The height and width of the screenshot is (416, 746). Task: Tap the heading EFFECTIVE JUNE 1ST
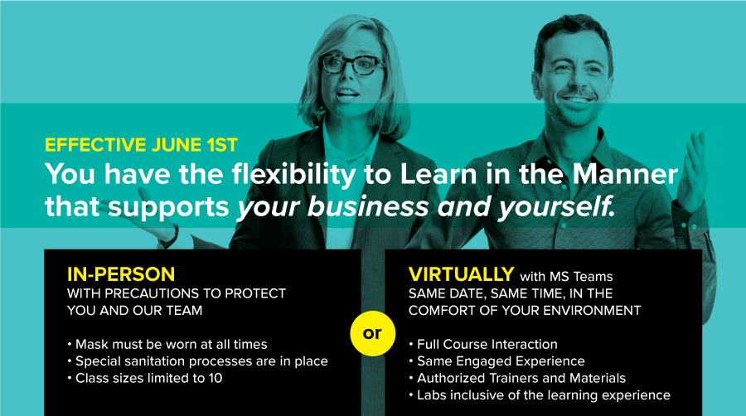[x=141, y=145]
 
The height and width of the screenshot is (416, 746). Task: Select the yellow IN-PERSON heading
[x=121, y=274]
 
